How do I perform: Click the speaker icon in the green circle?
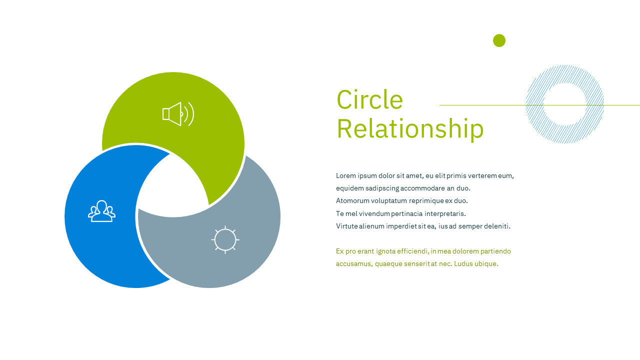(x=178, y=114)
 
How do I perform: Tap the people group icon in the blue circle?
(x=101, y=211)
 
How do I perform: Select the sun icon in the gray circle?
(x=225, y=239)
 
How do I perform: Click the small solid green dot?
(x=499, y=40)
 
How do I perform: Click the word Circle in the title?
(x=369, y=99)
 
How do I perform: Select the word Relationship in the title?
(x=410, y=128)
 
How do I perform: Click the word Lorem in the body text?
(x=345, y=175)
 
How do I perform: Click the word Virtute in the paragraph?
(x=347, y=226)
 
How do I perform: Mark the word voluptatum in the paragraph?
(x=389, y=201)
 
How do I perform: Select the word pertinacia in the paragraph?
(x=407, y=213)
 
